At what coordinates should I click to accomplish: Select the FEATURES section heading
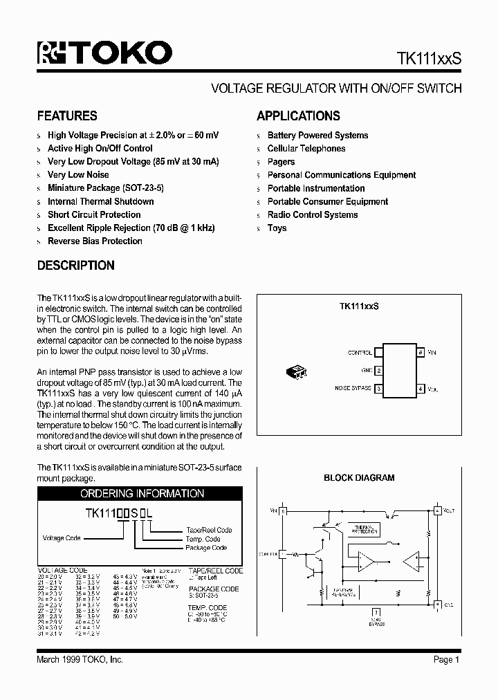click(67, 116)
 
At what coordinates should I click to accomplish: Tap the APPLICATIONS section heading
click(298, 116)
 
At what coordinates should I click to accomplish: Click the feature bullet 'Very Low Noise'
click(78, 175)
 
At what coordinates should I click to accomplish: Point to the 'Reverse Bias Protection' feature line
click(95, 241)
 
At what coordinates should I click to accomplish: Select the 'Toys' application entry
click(277, 228)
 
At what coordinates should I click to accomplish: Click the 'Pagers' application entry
click(281, 162)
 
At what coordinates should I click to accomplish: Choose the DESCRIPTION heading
click(75, 266)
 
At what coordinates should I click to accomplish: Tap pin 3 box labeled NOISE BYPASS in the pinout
click(379, 389)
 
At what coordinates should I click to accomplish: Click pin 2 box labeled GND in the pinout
click(379, 371)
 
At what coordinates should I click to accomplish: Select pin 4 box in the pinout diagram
click(421, 389)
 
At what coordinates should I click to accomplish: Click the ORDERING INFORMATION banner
click(142, 494)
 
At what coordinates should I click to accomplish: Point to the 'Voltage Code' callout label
click(62, 538)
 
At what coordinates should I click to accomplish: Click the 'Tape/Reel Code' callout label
click(209, 530)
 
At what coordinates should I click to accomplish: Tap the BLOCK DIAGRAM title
click(359, 478)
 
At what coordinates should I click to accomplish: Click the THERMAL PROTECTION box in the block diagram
click(366, 530)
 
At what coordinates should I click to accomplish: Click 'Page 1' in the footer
click(447, 660)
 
